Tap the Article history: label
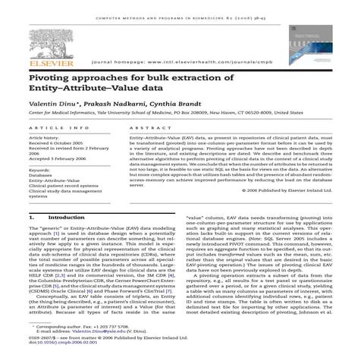coord(47,138)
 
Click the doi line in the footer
coord(61,344)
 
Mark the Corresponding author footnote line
coord(83,326)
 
